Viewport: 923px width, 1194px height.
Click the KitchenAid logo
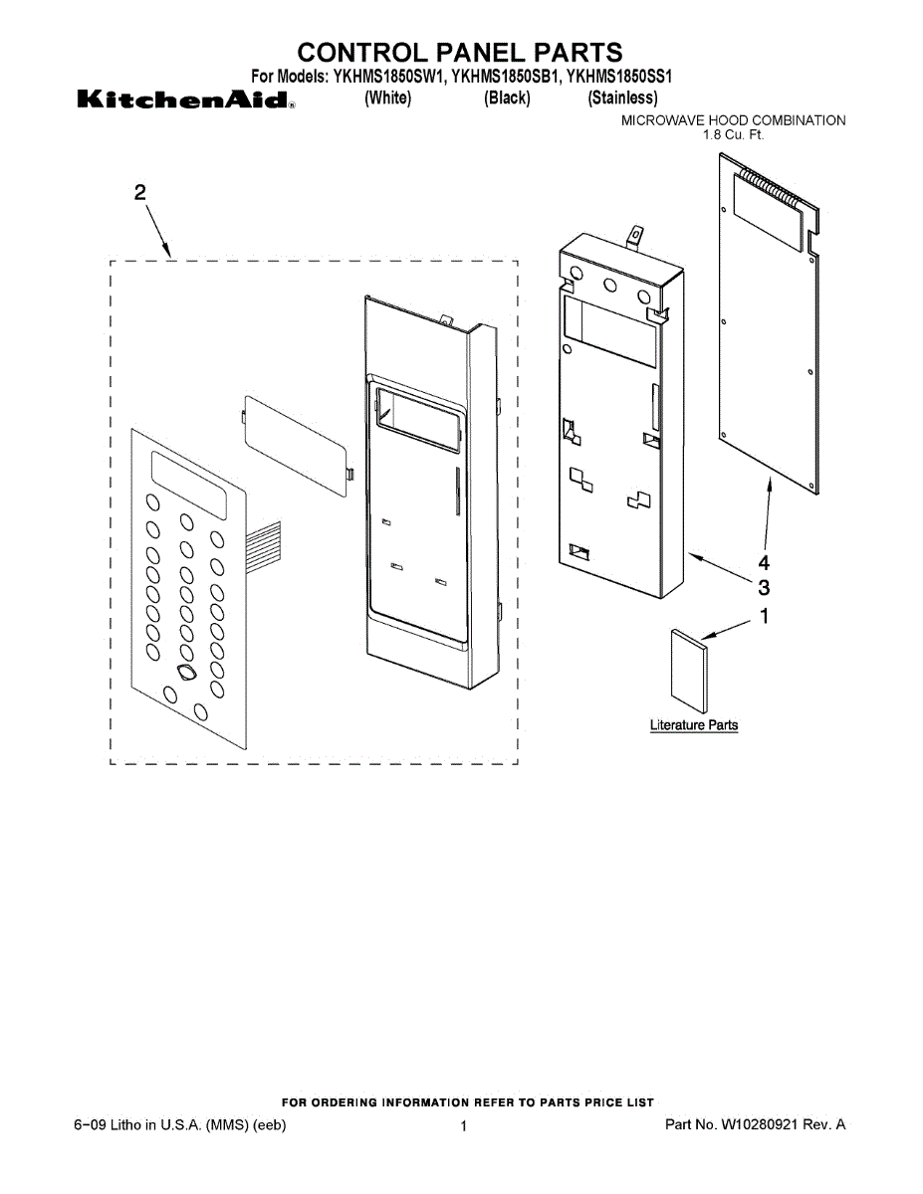[x=183, y=100]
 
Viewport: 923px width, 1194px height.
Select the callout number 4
[x=764, y=562]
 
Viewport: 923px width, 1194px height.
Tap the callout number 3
[x=764, y=586]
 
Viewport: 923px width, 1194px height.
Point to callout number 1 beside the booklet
[x=764, y=616]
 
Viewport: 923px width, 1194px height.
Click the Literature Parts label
[x=694, y=725]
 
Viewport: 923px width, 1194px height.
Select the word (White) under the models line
[x=387, y=98]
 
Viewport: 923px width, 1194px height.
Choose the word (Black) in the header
[x=507, y=98]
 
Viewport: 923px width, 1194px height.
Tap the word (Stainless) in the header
[x=622, y=98]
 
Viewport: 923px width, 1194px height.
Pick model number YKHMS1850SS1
[x=622, y=77]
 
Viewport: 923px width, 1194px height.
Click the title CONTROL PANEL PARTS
[x=460, y=52]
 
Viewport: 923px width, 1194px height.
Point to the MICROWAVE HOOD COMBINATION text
[x=733, y=120]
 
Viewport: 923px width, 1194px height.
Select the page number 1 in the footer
[x=464, y=1125]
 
